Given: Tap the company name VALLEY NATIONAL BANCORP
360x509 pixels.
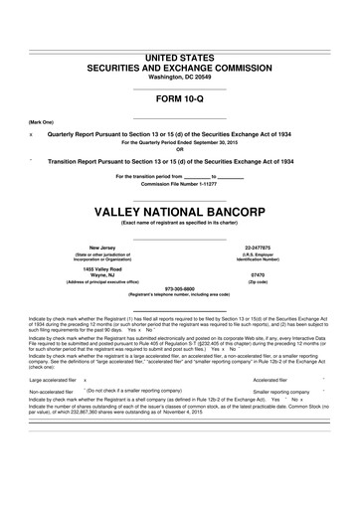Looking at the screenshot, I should [179, 185].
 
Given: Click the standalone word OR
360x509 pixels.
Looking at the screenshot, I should [179, 149].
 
